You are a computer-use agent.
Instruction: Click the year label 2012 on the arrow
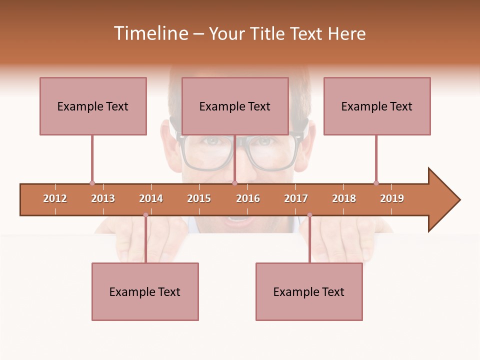click(55, 198)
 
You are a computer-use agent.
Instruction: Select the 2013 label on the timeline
click(103, 198)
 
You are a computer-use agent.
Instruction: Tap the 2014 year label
click(151, 198)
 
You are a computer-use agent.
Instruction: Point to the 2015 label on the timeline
click(199, 198)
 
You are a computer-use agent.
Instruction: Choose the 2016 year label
click(248, 198)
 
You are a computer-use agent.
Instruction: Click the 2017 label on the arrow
click(296, 198)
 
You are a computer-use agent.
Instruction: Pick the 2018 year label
click(344, 198)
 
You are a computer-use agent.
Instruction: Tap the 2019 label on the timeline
click(392, 198)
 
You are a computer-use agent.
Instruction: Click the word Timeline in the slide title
click(150, 33)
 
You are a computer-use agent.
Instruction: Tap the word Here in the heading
click(346, 33)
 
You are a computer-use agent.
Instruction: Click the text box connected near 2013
click(93, 106)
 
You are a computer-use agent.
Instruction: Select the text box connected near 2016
click(235, 106)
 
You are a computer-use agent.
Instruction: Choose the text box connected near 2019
click(377, 106)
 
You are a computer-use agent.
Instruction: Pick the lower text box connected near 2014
click(145, 291)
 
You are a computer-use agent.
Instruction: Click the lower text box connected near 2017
click(309, 291)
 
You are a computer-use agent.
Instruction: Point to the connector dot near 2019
click(376, 183)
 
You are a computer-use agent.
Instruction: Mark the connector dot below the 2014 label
click(145, 215)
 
